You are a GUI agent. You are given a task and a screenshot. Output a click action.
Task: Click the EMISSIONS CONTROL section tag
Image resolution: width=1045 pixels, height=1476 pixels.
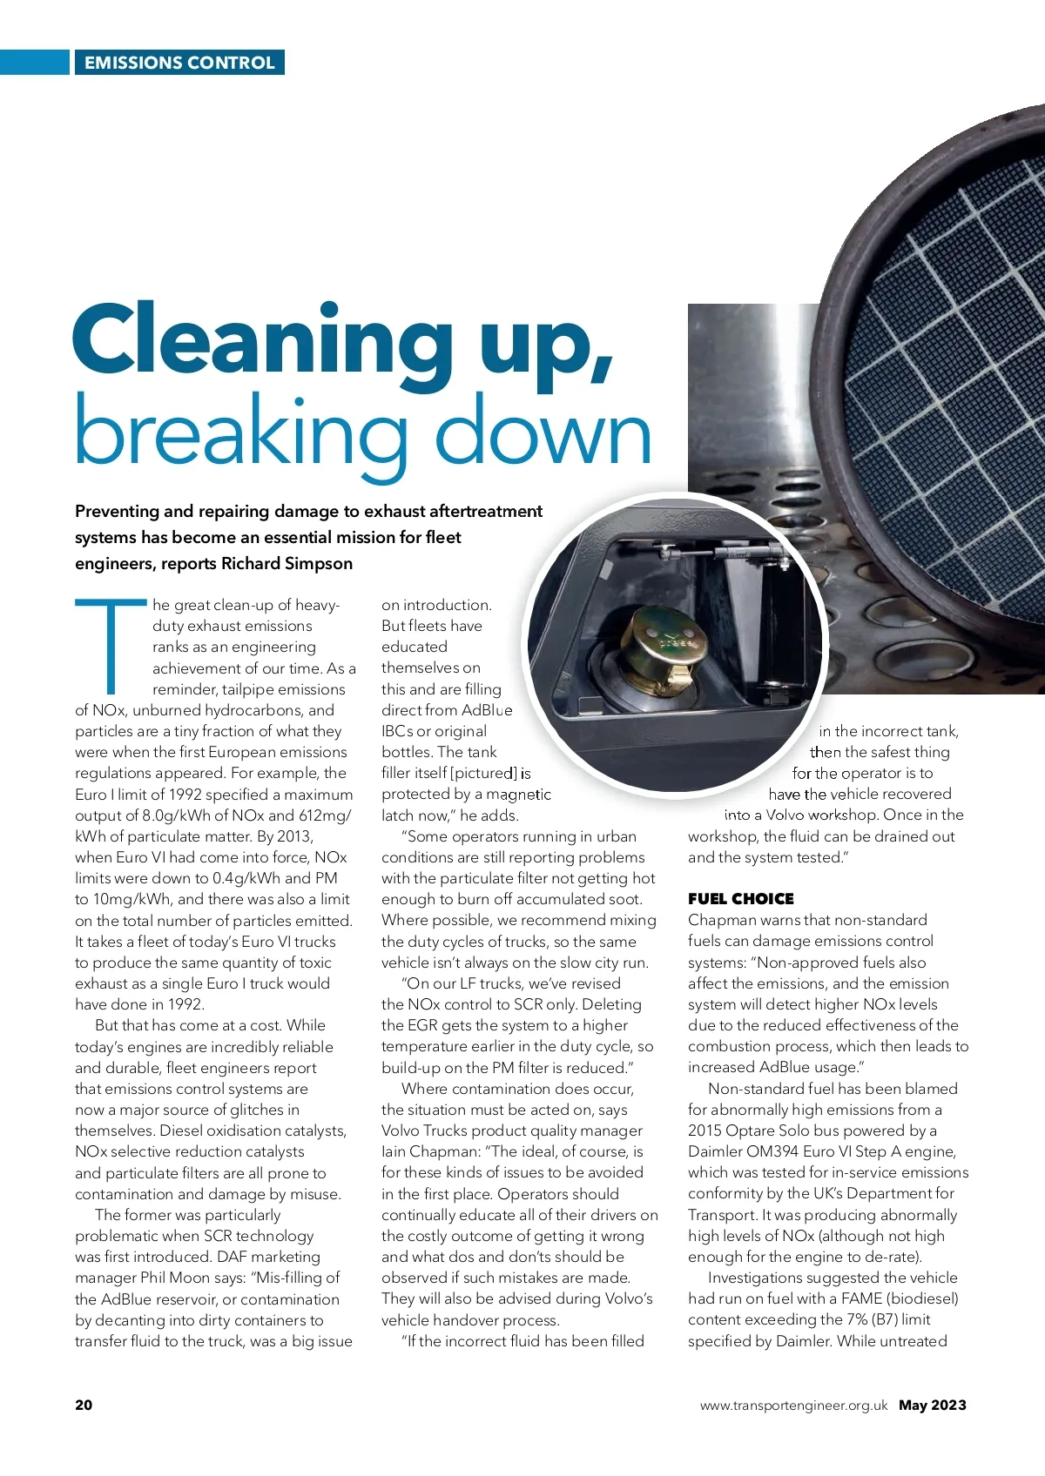[x=179, y=63]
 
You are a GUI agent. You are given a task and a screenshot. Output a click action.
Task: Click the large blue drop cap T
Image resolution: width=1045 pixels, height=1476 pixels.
[x=111, y=644]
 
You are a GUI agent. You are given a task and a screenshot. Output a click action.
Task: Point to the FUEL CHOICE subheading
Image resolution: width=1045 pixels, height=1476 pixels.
[x=740, y=899]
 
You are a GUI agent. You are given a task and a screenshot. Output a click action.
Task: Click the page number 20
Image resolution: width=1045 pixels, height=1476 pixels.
[x=84, y=1405]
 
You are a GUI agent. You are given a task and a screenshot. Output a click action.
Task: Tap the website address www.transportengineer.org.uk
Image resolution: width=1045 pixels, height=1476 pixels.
[x=793, y=1406]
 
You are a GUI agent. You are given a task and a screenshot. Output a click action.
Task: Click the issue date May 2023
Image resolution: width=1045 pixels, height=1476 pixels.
[x=933, y=1405]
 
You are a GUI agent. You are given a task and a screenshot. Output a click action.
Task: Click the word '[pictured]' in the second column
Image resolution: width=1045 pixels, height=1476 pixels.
[x=483, y=773]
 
